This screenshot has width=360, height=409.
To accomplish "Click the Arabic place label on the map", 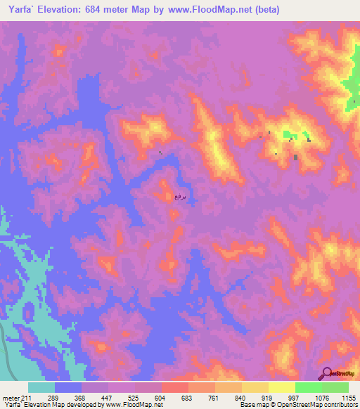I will click(x=180, y=197).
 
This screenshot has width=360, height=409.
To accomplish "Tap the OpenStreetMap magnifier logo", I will click(x=326, y=372).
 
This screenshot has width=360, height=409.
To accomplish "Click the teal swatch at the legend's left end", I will click(x=41, y=387).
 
